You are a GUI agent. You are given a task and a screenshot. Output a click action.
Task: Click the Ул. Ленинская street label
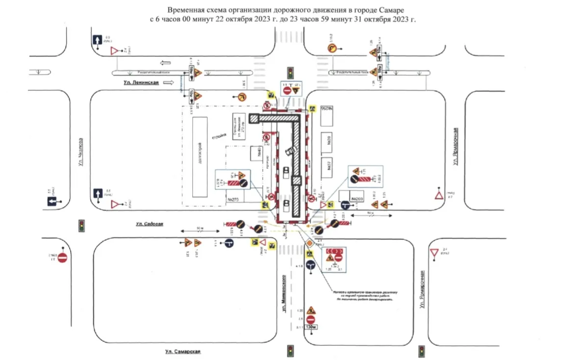pos(142,83)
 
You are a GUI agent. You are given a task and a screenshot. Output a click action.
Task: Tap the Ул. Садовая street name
pos(149,224)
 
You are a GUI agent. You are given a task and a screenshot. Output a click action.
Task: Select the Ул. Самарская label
pos(183,351)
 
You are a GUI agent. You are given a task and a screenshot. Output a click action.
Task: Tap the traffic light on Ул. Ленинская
pos(291,73)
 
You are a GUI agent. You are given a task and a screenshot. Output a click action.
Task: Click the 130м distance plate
pos(310,327)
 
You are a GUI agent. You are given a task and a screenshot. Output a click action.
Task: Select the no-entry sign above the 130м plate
pos(310,319)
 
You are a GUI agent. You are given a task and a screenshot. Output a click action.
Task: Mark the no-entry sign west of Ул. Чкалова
pos(62,257)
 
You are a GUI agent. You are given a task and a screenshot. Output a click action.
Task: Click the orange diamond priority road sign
pos(310,243)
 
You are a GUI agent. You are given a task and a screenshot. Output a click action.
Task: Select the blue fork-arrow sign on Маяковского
pos(310,265)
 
